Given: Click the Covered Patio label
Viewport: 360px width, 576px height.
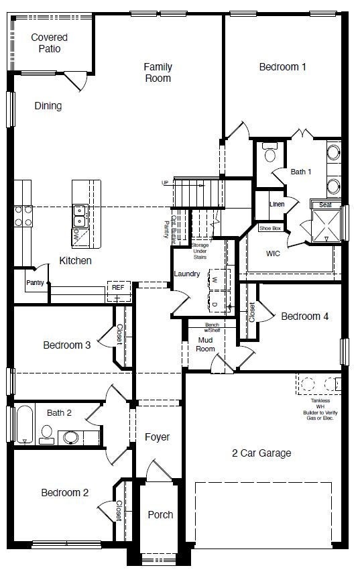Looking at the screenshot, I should click(49, 43).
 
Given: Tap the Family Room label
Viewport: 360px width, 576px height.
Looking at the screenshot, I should click(158, 72).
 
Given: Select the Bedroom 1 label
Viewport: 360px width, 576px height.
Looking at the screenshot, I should click(283, 66).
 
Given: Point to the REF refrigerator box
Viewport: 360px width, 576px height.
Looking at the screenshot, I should click(117, 288).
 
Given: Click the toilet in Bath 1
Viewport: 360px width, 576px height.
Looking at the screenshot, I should click(270, 155).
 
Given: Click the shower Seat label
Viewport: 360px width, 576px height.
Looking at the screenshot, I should click(325, 205).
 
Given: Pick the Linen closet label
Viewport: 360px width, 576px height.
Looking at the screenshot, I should click(276, 204).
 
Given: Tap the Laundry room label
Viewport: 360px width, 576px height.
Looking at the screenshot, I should click(187, 274).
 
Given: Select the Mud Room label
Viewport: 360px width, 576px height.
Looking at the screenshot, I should click(206, 344).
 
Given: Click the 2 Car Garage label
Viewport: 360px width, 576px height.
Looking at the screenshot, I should click(261, 453).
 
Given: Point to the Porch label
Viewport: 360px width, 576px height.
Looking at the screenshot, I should click(160, 515).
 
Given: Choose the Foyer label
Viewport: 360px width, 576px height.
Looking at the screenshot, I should click(157, 437).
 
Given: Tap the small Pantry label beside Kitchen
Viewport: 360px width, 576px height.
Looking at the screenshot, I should click(35, 283).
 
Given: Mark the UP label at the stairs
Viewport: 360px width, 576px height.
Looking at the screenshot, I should click(165, 183).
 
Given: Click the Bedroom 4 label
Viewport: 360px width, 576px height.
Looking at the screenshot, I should click(304, 316).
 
